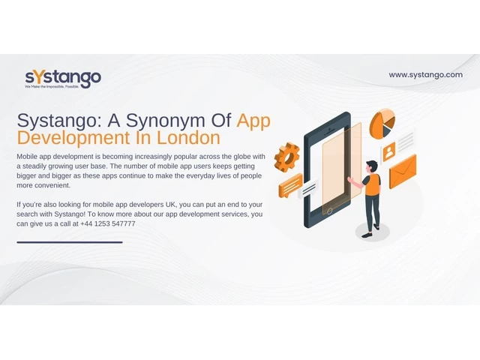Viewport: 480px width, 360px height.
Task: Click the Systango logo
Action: [x=63, y=79]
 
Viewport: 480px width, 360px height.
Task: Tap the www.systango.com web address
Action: [x=425, y=75]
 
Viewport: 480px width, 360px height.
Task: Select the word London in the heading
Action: [x=188, y=138]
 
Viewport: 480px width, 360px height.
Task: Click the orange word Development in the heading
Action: [x=73, y=139]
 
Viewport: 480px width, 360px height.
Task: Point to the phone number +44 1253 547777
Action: [x=108, y=223]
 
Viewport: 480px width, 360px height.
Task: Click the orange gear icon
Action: [x=286, y=157]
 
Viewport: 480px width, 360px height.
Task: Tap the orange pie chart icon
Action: [x=382, y=124]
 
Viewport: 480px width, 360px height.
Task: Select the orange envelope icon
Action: [x=403, y=172]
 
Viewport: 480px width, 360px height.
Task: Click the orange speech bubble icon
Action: [x=290, y=185]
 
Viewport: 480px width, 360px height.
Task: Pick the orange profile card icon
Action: [x=388, y=151]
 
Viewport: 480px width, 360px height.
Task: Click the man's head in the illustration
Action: [x=372, y=166]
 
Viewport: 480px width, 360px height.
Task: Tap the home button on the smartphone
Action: [x=330, y=211]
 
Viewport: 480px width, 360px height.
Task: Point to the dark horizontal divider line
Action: [x=70, y=242]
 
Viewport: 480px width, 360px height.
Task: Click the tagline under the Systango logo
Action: [x=52, y=87]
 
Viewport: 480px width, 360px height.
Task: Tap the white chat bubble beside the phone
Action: [x=308, y=188]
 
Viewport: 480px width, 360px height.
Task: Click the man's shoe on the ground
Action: [x=367, y=235]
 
